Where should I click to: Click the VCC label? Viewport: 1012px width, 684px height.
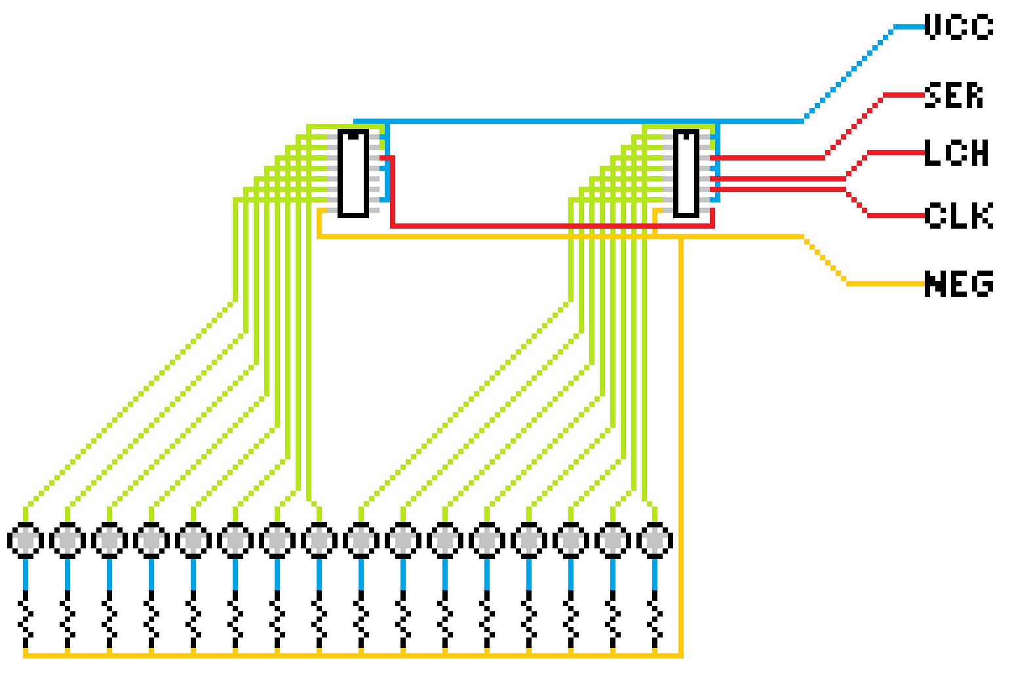tap(958, 27)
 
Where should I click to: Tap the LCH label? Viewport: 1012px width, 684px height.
tap(956, 153)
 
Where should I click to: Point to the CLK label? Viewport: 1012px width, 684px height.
tap(958, 216)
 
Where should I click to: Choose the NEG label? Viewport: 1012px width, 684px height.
tap(958, 284)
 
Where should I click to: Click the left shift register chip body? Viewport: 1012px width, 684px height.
tap(353, 174)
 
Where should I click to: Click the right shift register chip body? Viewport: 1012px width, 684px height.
tap(686, 174)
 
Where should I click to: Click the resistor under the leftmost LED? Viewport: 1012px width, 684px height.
tap(26, 619)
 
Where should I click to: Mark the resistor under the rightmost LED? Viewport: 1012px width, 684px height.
tap(655, 619)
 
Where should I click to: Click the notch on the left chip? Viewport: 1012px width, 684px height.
tap(353, 136)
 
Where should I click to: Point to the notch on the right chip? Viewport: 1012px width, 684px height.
tap(686, 136)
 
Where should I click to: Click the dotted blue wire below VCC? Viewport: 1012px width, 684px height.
tap(848, 74)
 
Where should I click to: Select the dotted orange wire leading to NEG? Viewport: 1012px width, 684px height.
tap(825, 261)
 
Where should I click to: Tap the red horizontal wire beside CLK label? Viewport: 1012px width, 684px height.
tap(896, 216)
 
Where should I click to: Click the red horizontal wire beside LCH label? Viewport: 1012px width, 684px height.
tap(896, 153)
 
